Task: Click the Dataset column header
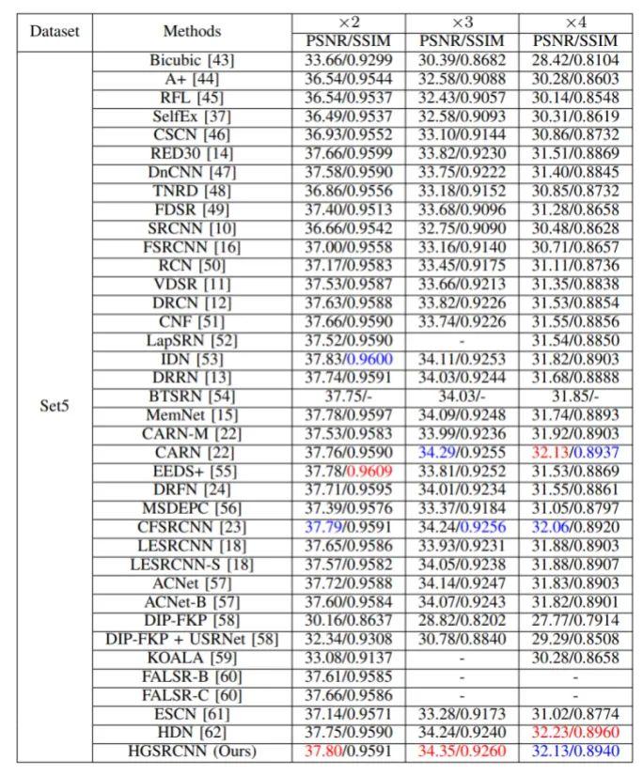(55, 31)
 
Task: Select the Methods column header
(192, 31)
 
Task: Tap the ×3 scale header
(462, 22)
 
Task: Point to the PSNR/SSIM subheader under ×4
(575, 40)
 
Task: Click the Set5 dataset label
(55, 407)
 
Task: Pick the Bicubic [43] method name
(192, 60)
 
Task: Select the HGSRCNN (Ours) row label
(192, 751)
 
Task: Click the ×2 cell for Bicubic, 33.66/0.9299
(349, 60)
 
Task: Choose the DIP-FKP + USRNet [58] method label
(192, 639)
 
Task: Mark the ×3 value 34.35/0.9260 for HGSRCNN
(462, 751)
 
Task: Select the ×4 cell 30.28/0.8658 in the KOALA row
(575, 658)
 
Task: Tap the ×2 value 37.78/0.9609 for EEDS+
(349, 471)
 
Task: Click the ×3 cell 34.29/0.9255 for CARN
(462, 452)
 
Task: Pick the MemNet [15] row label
(192, 415)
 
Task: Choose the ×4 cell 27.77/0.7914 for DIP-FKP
(575, 620)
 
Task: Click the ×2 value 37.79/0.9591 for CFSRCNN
(349, 527)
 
